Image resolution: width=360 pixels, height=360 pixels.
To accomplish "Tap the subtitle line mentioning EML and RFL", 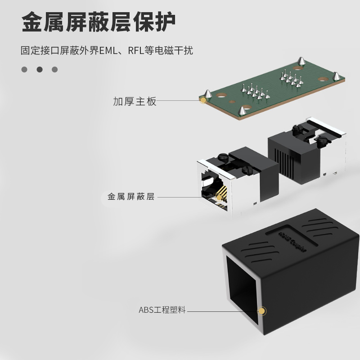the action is click(x=107, y=50).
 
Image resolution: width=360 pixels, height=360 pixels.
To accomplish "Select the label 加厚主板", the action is click(x=135, y=101).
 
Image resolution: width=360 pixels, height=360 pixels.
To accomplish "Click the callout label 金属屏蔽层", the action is click(x=131, y=197).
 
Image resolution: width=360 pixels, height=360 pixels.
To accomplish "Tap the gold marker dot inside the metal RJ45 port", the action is click(x=219, y=197).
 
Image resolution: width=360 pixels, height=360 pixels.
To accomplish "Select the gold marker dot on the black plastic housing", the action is click(x=261, y=311).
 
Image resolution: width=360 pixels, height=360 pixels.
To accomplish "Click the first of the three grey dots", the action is click(x=25, y=70).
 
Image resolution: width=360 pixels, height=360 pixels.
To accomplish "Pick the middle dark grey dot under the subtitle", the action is click(x=40, y=70).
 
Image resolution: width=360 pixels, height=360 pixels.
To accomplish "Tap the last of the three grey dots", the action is click(x=55, y=70).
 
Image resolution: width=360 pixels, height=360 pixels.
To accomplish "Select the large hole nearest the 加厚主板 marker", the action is click(x=222, y=95).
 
